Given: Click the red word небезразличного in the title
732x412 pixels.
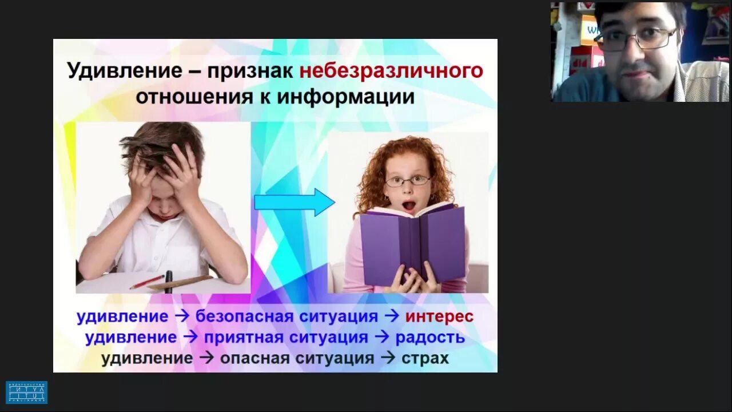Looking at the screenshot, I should tap(391, 72).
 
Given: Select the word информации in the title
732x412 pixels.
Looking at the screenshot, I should tap(346, 97).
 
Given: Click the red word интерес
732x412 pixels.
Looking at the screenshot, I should tap(439, 316).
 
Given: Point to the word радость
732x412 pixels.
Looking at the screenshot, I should tap(430, 338).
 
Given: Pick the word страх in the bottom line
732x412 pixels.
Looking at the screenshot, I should tap(425, 359).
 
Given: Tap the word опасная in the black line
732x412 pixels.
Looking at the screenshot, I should tap(255, 359).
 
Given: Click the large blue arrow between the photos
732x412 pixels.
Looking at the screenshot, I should tap(294, 202).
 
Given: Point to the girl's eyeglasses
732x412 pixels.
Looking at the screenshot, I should tap(407, 181).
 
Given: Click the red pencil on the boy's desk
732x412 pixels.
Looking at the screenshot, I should tap(147, 282).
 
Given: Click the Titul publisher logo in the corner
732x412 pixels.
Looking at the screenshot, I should tap(26, 393).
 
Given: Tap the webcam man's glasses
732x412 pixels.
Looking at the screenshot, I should tap(635, 39).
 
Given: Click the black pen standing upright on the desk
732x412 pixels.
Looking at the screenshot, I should tap(169, 282).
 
